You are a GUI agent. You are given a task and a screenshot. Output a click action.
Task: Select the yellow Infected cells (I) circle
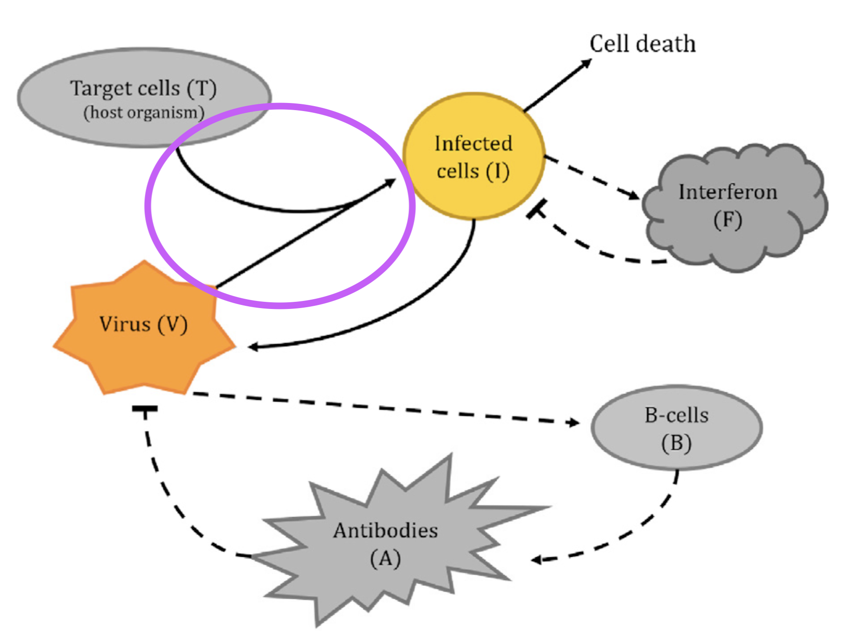(x=474, y=156)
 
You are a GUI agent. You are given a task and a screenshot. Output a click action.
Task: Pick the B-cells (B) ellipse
(x=676, y=428)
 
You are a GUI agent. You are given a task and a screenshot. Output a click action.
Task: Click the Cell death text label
(x=642, y=44)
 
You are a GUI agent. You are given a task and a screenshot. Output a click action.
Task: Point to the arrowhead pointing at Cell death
(x=587, y=63)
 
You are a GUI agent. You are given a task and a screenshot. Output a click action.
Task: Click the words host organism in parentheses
(x=143, y=112)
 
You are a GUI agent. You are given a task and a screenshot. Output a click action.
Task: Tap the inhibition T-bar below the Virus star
(x=144, y=408)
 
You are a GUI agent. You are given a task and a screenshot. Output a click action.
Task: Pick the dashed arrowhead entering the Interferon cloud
(x=633, y=195)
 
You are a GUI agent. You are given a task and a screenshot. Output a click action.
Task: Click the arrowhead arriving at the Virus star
(x=253, y=347)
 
